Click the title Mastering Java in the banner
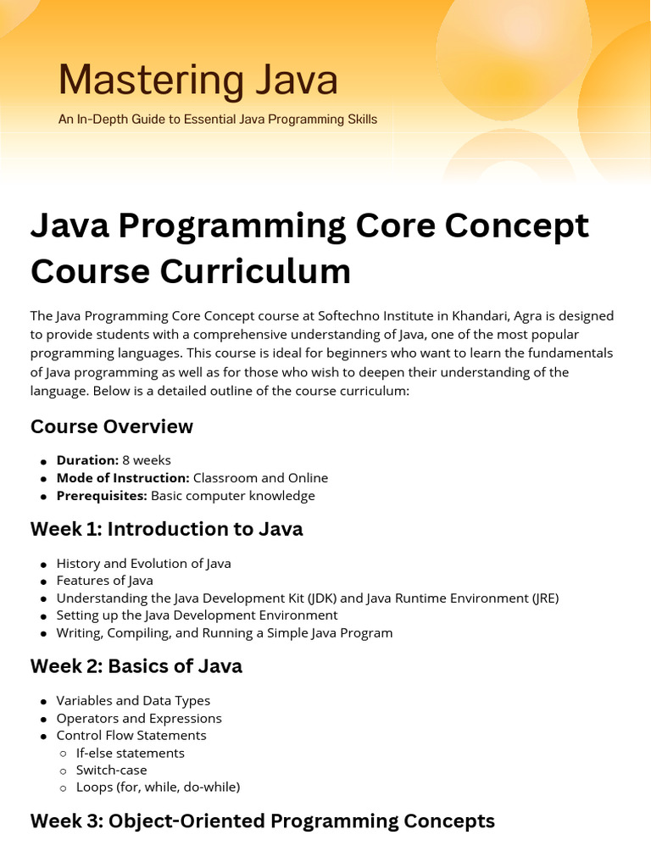[x=198, y=81]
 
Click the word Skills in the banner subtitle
[x=363, y=119]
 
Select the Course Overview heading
[x=112, y=426]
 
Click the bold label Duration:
[x=87, y=460]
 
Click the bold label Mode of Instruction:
[x=123, y=478]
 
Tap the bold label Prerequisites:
[x=102, y=495]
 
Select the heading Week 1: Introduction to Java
[x=167, y=529]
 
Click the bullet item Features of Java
[x=104, y=580]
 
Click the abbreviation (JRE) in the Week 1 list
[x=545, y=598]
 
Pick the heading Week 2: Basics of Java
[x=136, y=666]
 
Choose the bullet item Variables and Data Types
[x=133, y=701]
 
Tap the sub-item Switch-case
[x=111, y=770]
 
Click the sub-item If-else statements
[x=130, y=753]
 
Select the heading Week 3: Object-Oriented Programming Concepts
[x=263, y=821]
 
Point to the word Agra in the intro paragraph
[x=527, y=317]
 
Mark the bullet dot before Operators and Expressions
[x=44, y=720]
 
